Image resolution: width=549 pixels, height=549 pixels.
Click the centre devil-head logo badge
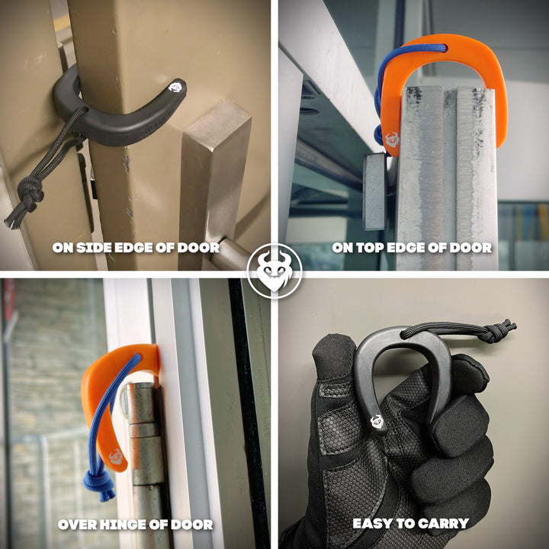274,271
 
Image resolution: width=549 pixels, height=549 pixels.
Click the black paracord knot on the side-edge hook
30,193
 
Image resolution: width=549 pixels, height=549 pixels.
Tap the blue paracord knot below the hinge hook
99,481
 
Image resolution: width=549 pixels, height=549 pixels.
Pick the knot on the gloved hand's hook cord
494,330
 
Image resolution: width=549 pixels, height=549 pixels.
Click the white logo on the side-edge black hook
175,87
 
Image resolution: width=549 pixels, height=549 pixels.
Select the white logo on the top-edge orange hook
392,140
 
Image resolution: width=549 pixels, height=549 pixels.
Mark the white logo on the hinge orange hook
116,457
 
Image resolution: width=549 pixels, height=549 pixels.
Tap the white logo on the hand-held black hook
377,421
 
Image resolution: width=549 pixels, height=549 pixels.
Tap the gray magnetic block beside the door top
374,191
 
